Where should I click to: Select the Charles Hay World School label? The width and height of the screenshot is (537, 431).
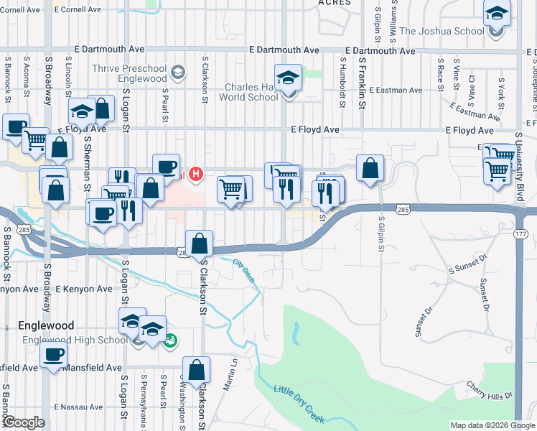pos(248,92)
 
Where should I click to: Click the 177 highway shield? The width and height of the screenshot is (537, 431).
pos(521,235)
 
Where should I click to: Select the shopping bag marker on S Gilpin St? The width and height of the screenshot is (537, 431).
pos(369,170)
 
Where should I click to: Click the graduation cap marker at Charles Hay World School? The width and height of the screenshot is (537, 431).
pos(288,78)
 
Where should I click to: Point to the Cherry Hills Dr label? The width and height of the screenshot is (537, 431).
pos(490,390)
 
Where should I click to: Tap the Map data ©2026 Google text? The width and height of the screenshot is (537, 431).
pos(492,425)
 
